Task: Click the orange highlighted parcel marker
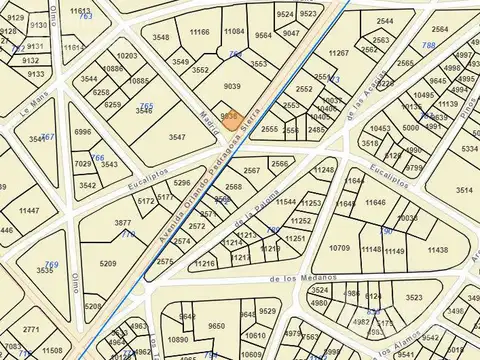click(230, 118)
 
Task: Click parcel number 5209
click(108, 263)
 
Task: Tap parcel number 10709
click(341, 248)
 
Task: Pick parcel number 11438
click(438, 249)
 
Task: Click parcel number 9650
click(216, 326)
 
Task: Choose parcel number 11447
click(29, 211)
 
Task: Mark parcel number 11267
click(339, 52)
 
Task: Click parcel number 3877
click(123, 223)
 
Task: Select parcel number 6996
click(83, 131)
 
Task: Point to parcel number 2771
click(31, 328)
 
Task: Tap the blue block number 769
click(52, 264)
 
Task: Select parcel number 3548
click(160, 37)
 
